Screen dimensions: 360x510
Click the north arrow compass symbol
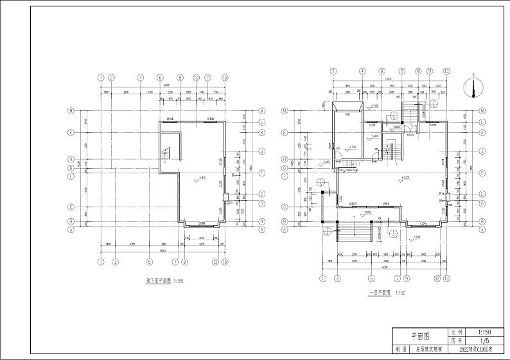coord(475,87)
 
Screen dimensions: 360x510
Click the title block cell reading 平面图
coord(420,336)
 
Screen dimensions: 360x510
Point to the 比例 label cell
coord(456,332)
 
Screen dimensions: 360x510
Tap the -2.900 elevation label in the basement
coord(201,177)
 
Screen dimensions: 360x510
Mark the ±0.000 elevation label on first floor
coord(405,177)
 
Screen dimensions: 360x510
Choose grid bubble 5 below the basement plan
coord(149,262)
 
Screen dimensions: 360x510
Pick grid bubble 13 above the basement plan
coord(224,77)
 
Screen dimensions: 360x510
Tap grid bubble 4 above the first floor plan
coord(362,71)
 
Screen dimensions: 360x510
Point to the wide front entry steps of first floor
coord(353,232)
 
